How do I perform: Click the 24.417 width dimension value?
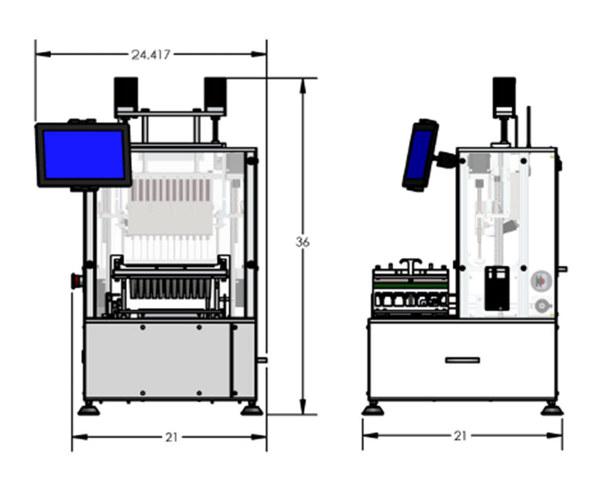pyautogui.click(x=150, y=54)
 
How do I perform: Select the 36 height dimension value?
pyautogui.click(x=302, y=242)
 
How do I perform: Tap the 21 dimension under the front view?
pyautogui.click(x=170, y=437)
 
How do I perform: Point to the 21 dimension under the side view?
pyautogui.click(x=461, y=436)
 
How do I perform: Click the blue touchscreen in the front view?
pyautogui.click(x=83, y=155)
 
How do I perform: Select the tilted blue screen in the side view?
pyautogui.click(x=419, y=155)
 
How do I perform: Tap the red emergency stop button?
pyautogui.click(x=76, y=280)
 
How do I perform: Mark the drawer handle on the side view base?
pyautogui.click(x=462, y=360)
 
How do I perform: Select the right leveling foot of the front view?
pyautogui.click(x=252, y=410)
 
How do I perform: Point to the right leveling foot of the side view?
pyautogui.click(x=551, y=410)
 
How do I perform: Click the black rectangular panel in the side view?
pyautogui.click(x=496, y=287)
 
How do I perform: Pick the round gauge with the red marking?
pyautogui.click(x=541, y=280)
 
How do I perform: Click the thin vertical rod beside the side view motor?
pyautogui.click(x=528, y=125)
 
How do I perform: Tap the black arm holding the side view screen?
pyautogui.click(x=447, y=159)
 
